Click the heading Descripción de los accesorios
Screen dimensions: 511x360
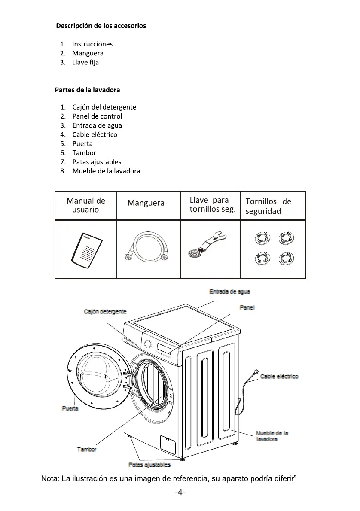pos(101,26)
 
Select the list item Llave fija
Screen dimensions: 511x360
pos(85,63)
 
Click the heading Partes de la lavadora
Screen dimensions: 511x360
pos(87,90)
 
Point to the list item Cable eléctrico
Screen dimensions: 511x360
pos(95,134)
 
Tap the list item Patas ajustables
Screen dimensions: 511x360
pos(97,162)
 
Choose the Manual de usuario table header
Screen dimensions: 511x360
pos(85,205)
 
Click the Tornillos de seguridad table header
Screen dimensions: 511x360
pos(268,206)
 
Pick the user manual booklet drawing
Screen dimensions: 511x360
pos(87,249)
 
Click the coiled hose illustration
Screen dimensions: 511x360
pos(146,249)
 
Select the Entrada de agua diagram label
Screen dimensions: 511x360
pos(229,292)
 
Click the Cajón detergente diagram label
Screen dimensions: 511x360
pos(105,312)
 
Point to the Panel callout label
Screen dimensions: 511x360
pos(247,307)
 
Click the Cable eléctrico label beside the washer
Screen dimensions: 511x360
pos(279,377)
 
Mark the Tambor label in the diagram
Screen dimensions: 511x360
pos(86,449)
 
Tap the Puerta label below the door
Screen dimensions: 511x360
pos(70,408)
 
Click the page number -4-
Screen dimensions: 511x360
pos(180,493)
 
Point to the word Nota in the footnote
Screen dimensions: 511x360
pos(49,479)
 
